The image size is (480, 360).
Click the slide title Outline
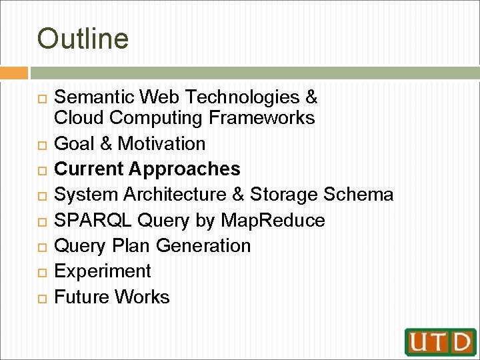pyautogui.click(x=83, y=39)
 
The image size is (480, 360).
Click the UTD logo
pyautogui.click(x=440, y=341)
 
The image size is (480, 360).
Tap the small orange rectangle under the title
pyautogui.click(x=14, y=73)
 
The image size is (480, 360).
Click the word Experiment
pyautogui.click(x=102, y=271)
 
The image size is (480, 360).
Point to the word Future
pyautogui.click(x=81, y=297)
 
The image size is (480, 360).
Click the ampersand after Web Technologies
pyautogui.click(x=311, y=97)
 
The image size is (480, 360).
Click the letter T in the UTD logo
pyautogui.click(x=440, y=341)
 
